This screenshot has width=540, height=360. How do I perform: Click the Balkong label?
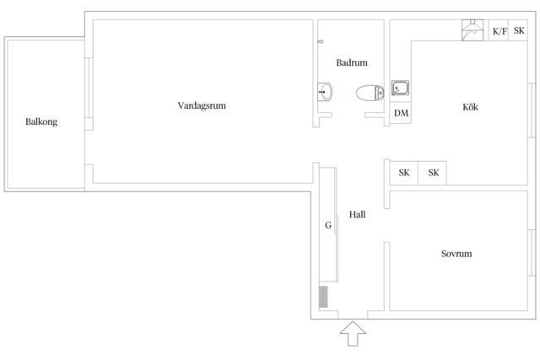[x=41, y=122]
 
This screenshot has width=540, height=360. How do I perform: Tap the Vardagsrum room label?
[x=202, y=105]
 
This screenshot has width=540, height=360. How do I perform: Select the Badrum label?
[x=352, y=62]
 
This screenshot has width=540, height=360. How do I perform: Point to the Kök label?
[x=470, y=107]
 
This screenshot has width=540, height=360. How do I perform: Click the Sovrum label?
[x=456, y=254]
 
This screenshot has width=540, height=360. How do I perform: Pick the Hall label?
[x=357, y=215]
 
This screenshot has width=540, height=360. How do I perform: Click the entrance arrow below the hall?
[x=353, y=334]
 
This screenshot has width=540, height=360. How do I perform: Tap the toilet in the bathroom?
[x=370, y=93]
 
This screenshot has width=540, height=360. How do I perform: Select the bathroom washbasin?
[x=325, y=92]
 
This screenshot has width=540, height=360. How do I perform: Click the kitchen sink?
[x=400, y=89]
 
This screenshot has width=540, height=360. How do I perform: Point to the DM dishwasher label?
[x=402, y=113]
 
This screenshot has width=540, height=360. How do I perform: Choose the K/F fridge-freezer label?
[x=499, y=31]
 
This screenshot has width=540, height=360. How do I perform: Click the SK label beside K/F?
[x=519, y=30]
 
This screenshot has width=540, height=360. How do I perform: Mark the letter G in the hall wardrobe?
[x=328, y=225]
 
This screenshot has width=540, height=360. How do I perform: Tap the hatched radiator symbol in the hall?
[x=323, y=297]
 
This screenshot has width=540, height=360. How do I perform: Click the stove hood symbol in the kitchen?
[x=472, y=30]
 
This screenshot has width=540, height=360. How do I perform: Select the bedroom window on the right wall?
[x=532, y=252]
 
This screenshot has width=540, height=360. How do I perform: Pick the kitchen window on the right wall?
[x=532, y=110]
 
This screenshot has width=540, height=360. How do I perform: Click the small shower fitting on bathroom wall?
[x=321, y=41]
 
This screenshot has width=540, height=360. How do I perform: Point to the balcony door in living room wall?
[x=89, y=88]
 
